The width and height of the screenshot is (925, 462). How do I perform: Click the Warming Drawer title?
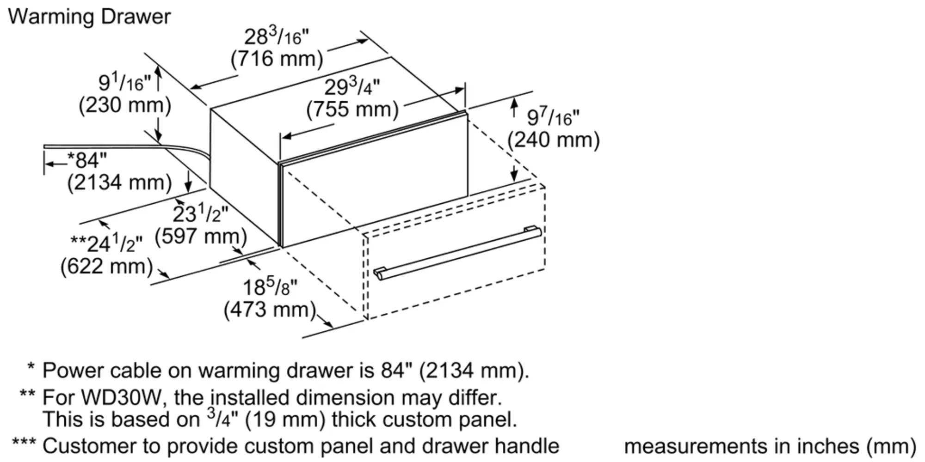click(89, 17)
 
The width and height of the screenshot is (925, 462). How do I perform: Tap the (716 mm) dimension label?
click(277, 59)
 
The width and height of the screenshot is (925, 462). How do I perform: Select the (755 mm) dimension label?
click(352, 109)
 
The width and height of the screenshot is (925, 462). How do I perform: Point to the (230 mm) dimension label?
click(125, 105)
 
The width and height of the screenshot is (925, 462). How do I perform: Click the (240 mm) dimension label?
click(553, 139)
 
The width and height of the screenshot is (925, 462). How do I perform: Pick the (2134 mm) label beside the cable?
click(119, 182)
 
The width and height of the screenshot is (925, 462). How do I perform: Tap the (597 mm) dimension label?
click(201, 236)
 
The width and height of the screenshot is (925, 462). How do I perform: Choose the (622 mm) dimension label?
click(106, 266)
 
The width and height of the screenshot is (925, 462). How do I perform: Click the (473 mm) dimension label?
click(270, 309)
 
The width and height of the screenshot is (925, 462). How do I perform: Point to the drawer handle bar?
click(457, 253)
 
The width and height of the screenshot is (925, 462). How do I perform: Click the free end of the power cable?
click(45, 147)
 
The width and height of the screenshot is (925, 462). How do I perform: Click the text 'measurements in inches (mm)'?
click(771, 446)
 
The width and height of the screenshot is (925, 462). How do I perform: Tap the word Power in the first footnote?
click(74, 371)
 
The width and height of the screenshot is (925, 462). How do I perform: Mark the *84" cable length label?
click(87, 160)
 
